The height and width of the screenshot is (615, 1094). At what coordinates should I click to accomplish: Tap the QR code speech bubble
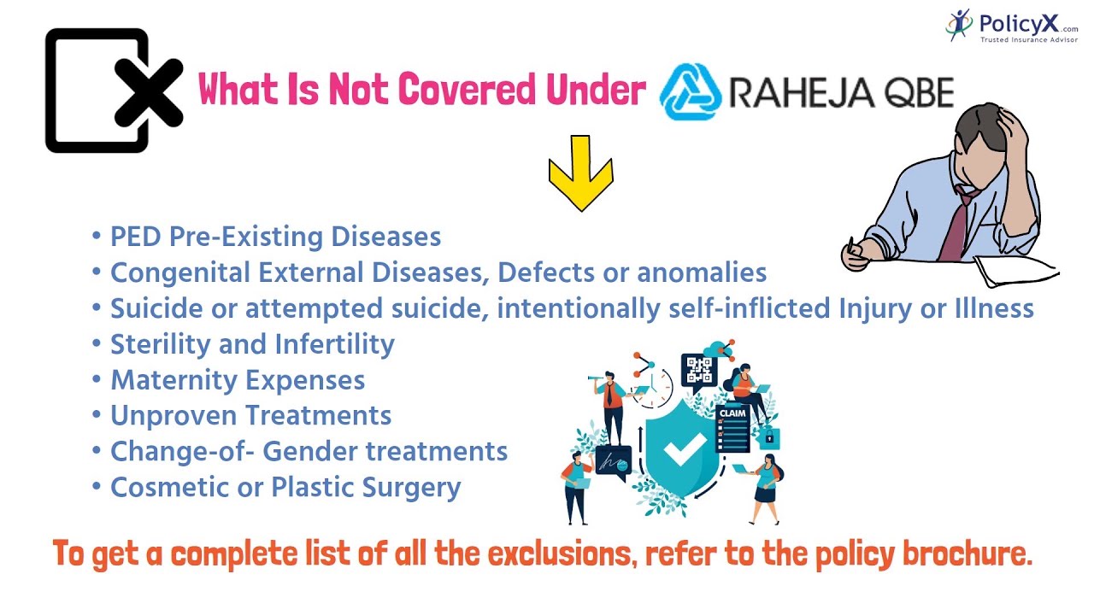click(x=699, y=371)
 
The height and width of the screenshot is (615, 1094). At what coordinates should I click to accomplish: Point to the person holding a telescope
click(x=611, y=401)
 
